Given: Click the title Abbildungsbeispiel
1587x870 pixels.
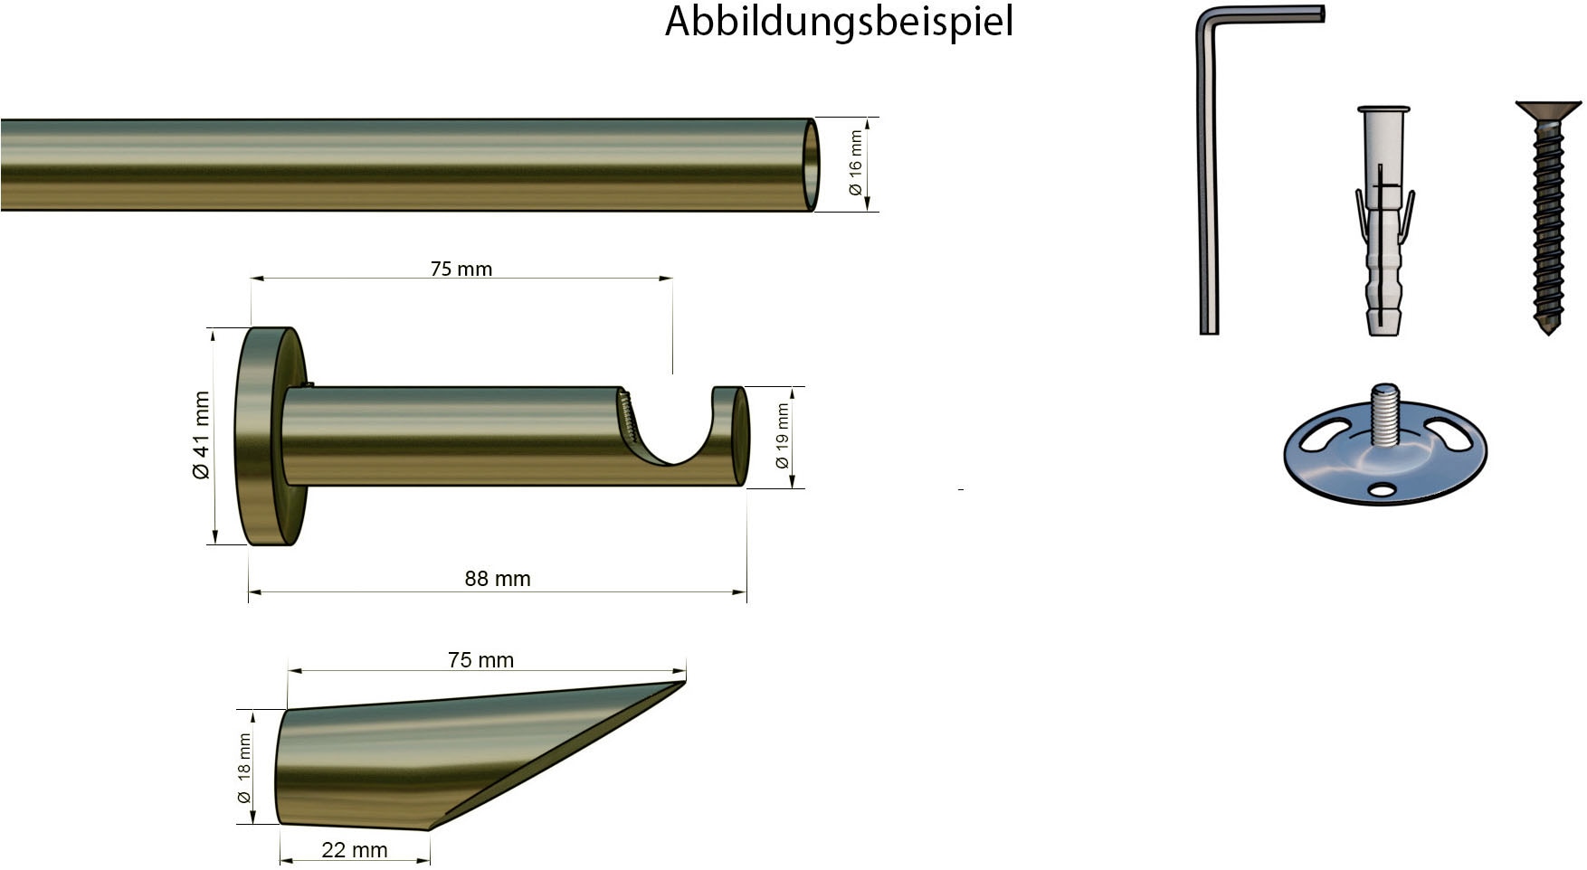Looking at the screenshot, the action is click(x=839, y=22).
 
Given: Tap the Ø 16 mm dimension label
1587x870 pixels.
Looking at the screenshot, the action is click(x=855, y=164).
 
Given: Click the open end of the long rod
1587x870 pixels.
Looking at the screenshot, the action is click(x=811, y=165).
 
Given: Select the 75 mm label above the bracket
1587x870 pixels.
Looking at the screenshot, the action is click(x=461, y=269).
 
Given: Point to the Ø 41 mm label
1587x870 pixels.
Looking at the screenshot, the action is click(x=201, y=435).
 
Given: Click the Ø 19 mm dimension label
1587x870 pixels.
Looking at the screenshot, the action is click(x=783, y=437).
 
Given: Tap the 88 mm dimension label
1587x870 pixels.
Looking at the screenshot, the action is click(x=498, y=579).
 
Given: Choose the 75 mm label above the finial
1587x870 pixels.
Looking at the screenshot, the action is click(x=480, y=660).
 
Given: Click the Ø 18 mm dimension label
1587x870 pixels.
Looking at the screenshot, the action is click(x=244, y=768).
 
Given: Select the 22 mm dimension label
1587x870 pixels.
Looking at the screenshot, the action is click(x=355, y=850).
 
